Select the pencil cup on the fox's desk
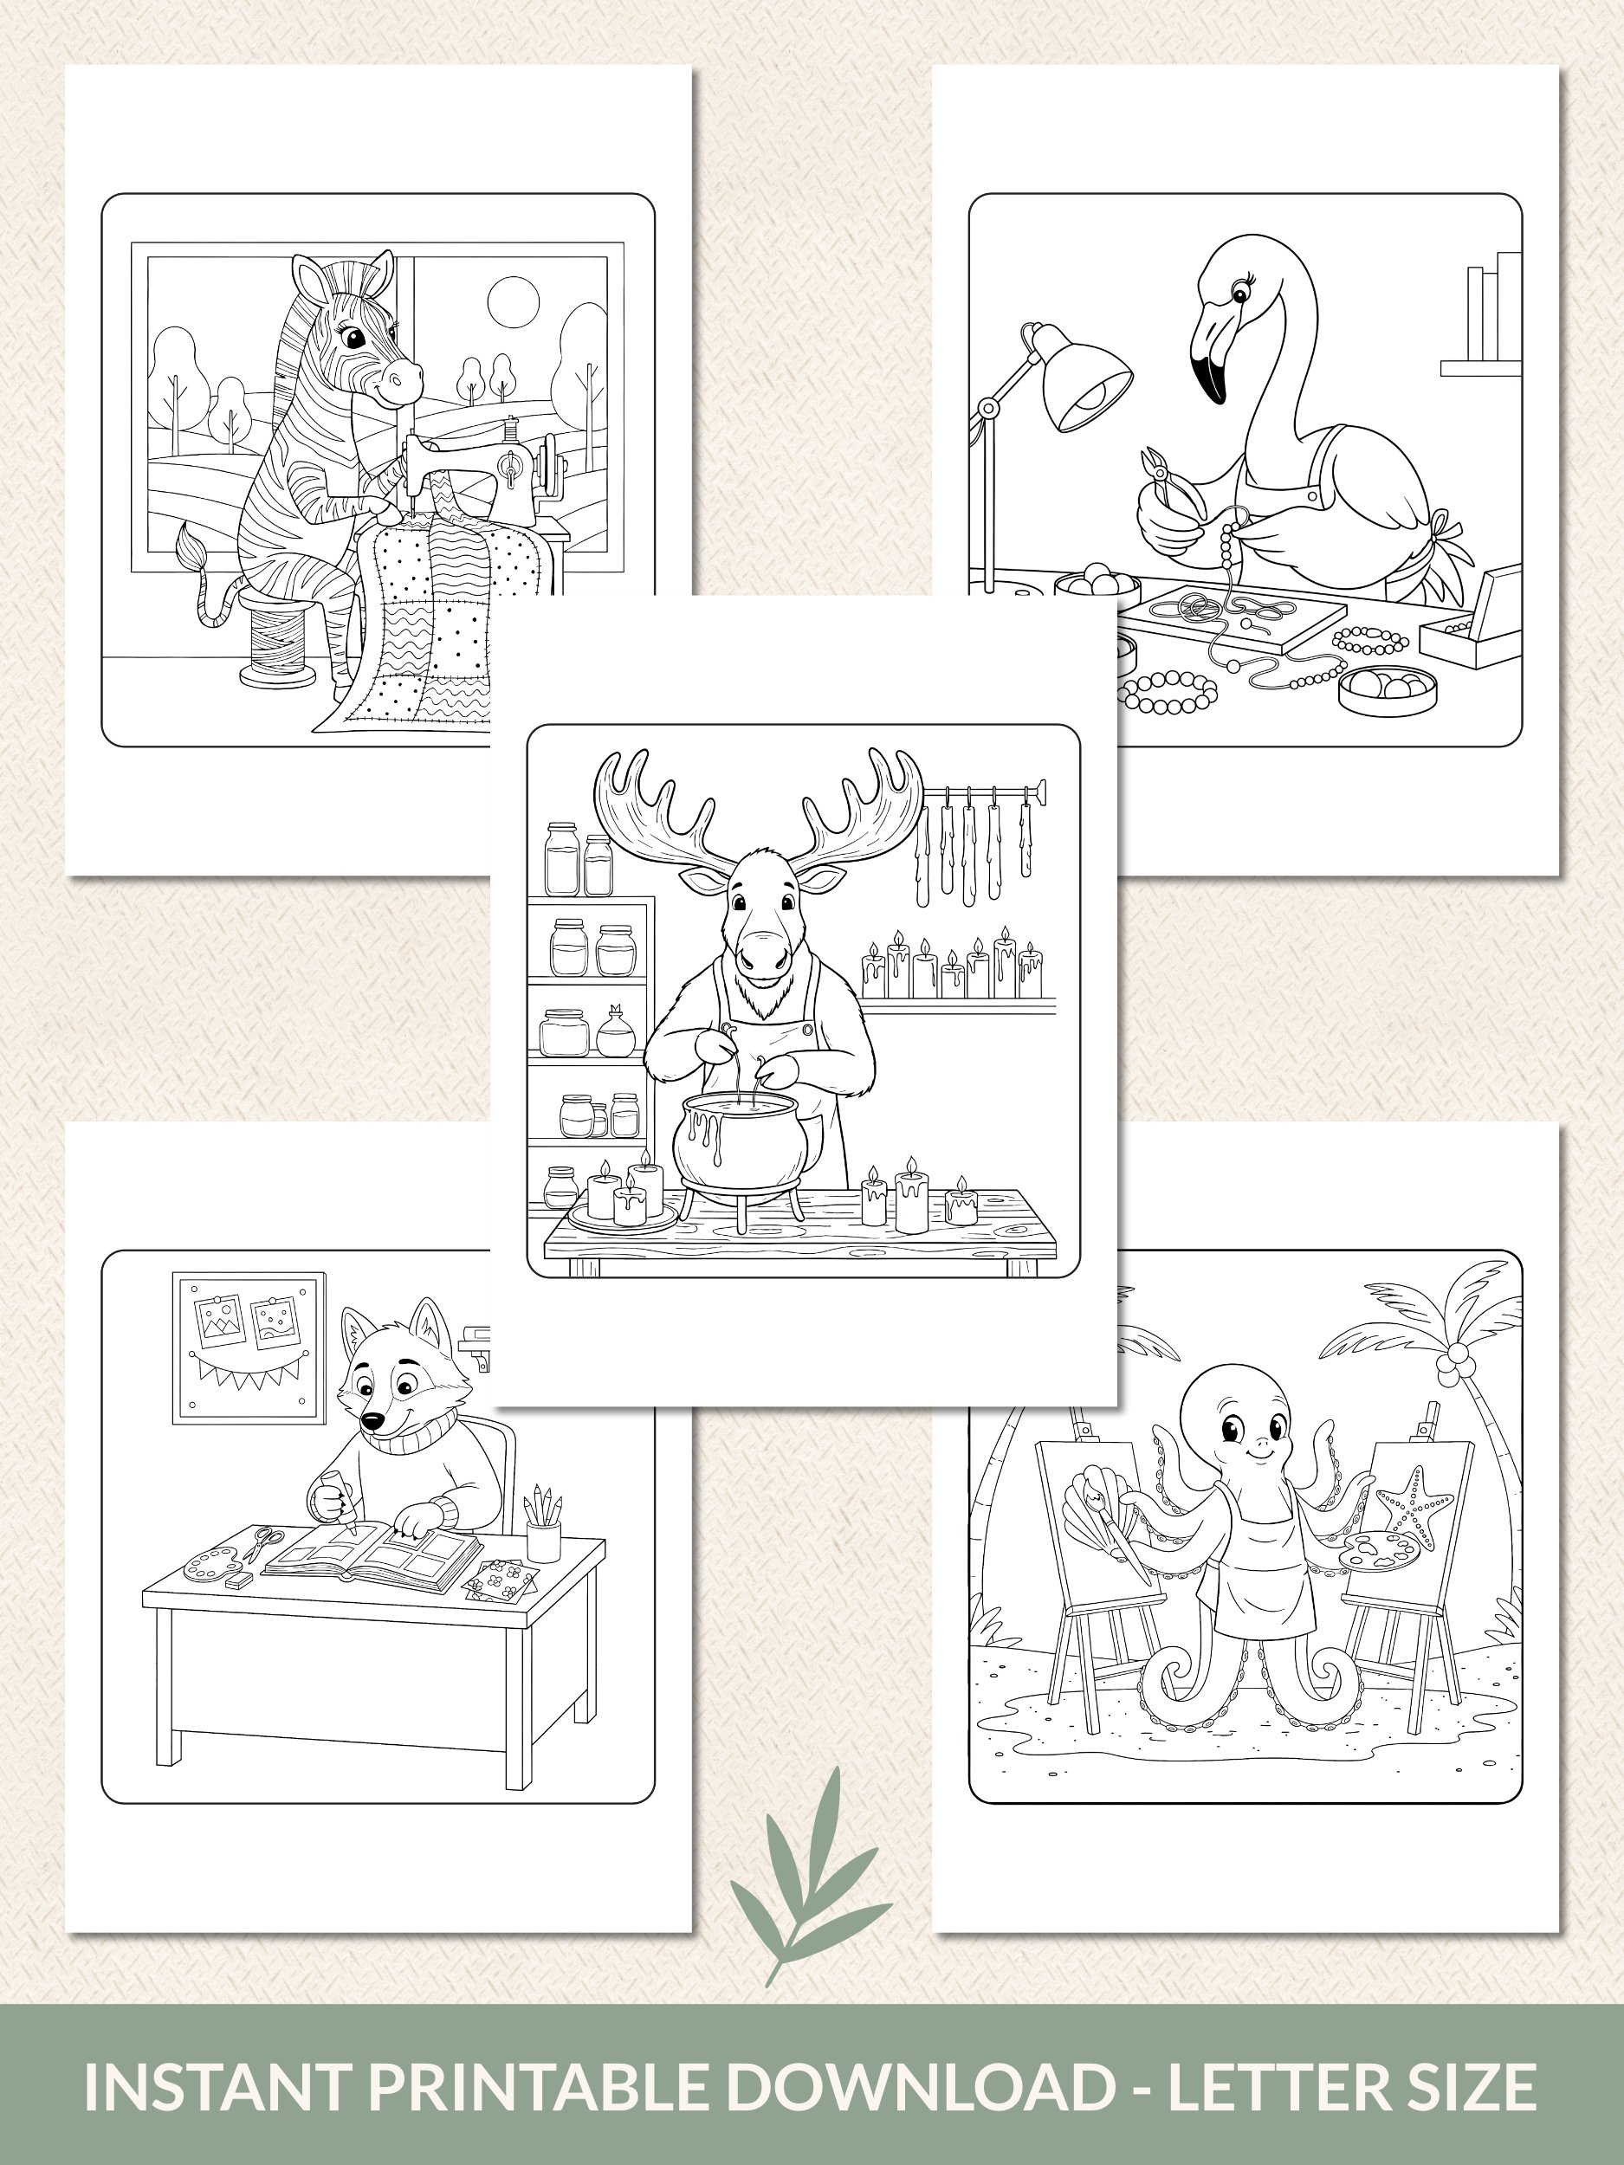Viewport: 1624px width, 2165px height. pyautogui.click(x=543, y=1541)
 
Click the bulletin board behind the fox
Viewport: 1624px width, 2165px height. pyautogui.click(x=249, y=1347)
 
